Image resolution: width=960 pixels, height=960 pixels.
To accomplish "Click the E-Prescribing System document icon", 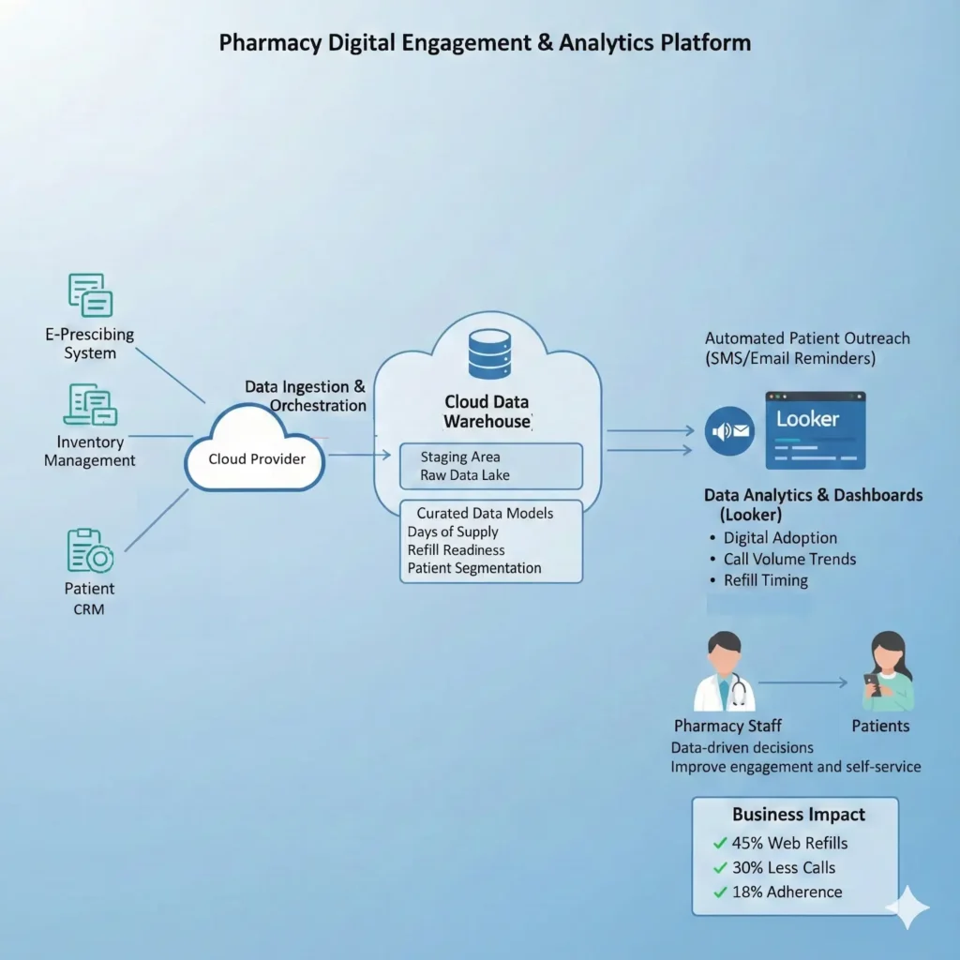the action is coord(91,295).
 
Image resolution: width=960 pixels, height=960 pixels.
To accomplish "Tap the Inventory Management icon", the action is coord(91,405).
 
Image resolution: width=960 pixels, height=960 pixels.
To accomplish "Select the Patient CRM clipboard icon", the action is coord(90,549).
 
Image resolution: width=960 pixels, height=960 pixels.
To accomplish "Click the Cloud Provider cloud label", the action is coord(257,459).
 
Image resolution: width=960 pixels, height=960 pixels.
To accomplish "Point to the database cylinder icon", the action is coord(489,353).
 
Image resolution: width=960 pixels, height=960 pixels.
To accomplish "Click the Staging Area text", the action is coord(459,457).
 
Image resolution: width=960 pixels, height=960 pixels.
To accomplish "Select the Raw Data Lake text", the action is coord(465,475).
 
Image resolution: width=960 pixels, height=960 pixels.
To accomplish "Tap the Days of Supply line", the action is coord(453,532).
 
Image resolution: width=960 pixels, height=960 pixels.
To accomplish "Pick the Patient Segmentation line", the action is coord(473,568).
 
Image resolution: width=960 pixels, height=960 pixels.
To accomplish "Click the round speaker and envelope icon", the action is coord(729,431).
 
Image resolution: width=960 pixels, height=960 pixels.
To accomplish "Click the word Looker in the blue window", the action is coord(807,419).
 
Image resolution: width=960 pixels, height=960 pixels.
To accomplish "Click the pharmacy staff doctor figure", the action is coord(725,671).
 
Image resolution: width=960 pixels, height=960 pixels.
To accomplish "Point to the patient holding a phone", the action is coord(888,671).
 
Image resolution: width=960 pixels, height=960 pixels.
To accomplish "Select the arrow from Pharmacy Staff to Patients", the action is coord(802,682).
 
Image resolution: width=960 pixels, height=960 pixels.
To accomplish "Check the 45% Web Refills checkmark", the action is coord(720,843).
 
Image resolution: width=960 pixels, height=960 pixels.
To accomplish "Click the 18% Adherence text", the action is coord(787,892).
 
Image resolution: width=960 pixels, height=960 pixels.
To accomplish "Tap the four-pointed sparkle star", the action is coord(907,907).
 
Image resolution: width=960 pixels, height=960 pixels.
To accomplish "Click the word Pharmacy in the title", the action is coord(270,43).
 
